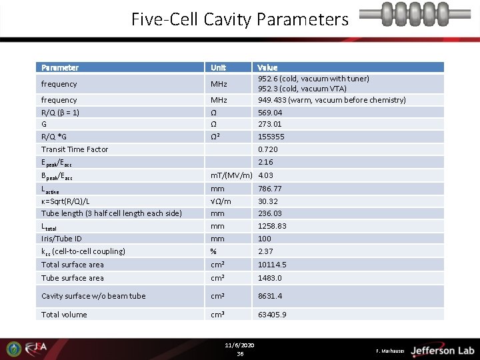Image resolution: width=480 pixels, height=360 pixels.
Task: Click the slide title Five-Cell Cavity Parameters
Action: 239,19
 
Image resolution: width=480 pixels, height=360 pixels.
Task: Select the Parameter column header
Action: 60,67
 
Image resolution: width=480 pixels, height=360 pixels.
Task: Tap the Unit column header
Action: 218,67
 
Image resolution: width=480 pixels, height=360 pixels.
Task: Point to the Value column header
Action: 267,67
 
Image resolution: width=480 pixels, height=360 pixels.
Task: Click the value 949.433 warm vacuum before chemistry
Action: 331,100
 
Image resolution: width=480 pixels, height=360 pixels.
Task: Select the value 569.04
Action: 270,113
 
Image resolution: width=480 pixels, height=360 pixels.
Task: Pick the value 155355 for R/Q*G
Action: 271,137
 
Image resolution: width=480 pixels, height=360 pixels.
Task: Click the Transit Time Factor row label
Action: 75,149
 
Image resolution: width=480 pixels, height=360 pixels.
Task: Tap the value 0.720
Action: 268,149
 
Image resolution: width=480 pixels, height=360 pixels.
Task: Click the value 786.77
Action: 270,189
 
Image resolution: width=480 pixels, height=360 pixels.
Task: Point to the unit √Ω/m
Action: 221,201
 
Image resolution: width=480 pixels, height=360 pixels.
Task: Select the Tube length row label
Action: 111,213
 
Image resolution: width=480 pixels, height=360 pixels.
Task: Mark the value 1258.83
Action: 272,226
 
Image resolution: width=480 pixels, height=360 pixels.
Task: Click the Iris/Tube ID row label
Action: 61,238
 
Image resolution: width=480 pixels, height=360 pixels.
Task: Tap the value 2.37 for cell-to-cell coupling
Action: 265,251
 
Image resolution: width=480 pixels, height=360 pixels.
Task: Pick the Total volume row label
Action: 64,315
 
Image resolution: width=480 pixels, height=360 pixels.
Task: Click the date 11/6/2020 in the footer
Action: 240,345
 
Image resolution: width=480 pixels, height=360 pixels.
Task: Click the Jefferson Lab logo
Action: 441,350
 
